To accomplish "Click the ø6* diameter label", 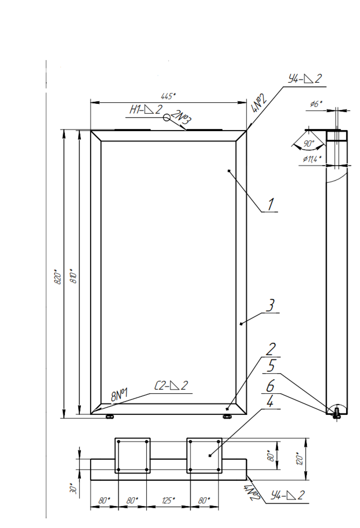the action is coord(316,104).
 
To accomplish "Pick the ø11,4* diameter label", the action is coord(312,159).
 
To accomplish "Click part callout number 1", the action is coord(271,204).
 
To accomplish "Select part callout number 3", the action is coord(270,305).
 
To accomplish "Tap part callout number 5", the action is coord(271,366).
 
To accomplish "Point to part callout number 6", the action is coord(270,386).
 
